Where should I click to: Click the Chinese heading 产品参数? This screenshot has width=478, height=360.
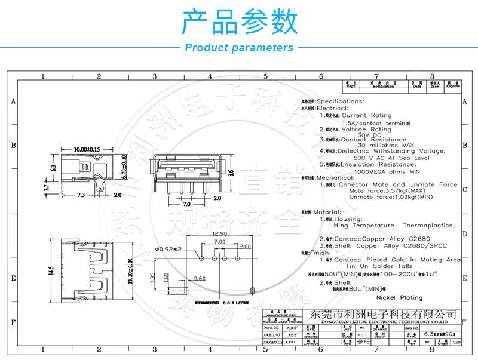239,22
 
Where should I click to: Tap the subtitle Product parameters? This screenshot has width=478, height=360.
239,48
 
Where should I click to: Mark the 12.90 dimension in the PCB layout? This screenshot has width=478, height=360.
219,233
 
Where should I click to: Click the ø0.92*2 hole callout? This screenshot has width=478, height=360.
168,248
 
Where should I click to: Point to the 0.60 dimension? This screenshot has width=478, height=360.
200,278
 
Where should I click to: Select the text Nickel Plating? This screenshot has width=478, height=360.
399,297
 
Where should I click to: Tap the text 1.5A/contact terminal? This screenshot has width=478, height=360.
376,123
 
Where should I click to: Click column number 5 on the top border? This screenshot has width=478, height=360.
265,76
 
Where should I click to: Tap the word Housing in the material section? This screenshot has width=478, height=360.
348,219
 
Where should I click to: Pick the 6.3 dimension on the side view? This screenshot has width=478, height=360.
52,168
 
